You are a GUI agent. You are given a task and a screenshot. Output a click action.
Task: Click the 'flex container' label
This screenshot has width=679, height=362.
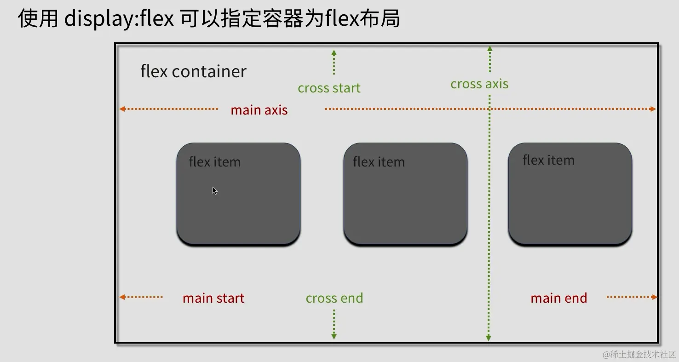(x=193, y=72)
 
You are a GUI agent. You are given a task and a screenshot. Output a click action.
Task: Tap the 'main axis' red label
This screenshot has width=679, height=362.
(x=259, y=110)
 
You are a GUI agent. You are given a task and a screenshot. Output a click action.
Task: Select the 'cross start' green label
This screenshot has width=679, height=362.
(x=329, y=88)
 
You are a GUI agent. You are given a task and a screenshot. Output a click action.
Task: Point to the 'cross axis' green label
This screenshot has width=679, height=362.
(x=479, y=84)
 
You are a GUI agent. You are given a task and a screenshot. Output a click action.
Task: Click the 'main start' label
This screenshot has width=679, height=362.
(x=213, y=298)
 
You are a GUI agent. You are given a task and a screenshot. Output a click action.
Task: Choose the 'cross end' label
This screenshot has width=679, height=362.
(x=334, y=298)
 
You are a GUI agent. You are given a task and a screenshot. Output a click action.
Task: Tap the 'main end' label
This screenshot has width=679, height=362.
(x=558, y=298)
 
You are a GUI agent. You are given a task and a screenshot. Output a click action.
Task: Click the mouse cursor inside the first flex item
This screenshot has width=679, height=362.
(x=214, y=190)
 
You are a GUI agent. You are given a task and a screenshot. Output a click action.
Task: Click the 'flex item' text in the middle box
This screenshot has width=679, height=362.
(x=379, y=162)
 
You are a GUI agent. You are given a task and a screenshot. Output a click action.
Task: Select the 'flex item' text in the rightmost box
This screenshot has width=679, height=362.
(x=548, y=160)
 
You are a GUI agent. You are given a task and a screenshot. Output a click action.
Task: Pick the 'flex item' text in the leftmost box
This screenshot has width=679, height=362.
(x=214, y=162)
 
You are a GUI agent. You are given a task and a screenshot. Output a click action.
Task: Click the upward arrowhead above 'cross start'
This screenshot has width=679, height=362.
(x=334, y=53)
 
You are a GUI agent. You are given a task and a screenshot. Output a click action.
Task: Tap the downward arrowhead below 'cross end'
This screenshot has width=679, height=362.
(x=334, y=337)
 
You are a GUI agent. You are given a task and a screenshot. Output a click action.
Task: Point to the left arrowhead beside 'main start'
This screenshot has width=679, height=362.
(x=122, y=297)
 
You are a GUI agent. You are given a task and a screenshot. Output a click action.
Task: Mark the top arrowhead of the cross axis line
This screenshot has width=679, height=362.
(x=490, y=48)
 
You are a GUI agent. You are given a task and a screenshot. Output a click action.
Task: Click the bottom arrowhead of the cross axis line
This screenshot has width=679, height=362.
(x=489, y=339)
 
